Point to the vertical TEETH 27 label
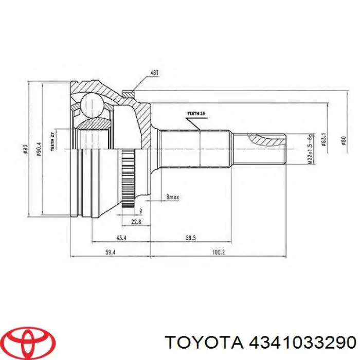coord(51,141)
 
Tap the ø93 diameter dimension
coord(25,149)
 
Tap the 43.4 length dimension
coord(120,238)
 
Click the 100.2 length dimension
coord(218,252)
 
